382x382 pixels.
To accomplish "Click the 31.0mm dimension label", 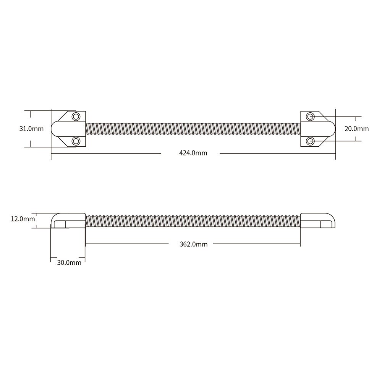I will click(31, 129).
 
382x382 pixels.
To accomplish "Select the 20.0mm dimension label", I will click(356, 129).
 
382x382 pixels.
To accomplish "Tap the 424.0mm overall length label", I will click(193, 153).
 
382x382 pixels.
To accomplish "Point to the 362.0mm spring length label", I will click(193, 244).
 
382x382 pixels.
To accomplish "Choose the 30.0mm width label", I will click(69, 262).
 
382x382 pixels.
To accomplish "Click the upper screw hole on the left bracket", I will click(76, 116).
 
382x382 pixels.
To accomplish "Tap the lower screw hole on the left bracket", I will click(76, 141).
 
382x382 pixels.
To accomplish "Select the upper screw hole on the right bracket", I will click(311, 116).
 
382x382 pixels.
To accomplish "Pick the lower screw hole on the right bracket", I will click(311, 141).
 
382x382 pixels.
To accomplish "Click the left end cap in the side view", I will click(67, 220).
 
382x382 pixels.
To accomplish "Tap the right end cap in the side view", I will click(318, 220).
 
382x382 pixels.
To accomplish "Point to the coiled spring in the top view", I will click(193, 129).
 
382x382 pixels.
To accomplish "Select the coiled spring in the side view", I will click(193, 221).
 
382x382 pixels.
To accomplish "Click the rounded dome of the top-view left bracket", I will click(57, 129).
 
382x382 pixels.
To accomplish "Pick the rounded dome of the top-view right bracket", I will click(329, 129).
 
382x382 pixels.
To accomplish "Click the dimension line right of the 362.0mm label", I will click(256, 244).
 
